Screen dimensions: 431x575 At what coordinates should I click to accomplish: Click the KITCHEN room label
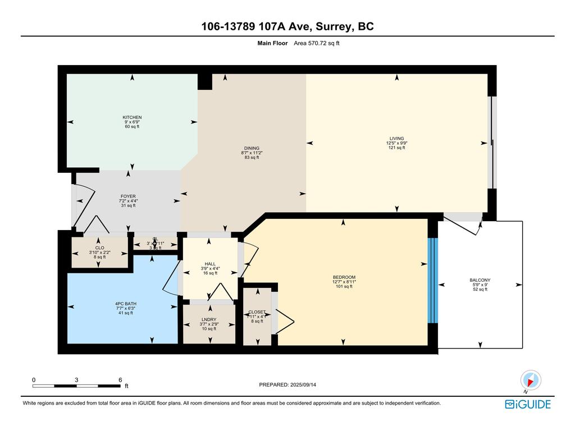pos(132,117)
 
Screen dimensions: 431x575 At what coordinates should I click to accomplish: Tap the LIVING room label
pos(397,138)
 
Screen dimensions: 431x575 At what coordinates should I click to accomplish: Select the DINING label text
pos(251,148)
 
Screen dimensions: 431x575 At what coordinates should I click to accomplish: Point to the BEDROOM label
pos(344,277)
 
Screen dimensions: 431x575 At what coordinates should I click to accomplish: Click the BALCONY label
pos(480,280)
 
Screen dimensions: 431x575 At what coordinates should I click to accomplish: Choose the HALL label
pos(210,264)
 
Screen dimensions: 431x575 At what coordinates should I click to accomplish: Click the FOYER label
pos(127,196)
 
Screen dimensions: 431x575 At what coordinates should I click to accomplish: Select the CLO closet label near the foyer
pos(99,247)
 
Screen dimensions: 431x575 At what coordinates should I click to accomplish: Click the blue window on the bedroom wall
pos(432,280)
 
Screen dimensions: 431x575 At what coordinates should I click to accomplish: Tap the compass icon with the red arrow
pos(530,380)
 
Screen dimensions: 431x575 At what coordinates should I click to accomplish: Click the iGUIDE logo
pos(528,404)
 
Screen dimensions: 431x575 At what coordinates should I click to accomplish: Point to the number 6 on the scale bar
pos(120,380)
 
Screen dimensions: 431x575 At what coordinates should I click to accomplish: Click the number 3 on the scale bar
pos(76,380)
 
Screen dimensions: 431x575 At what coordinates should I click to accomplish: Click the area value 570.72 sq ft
pos(317,43)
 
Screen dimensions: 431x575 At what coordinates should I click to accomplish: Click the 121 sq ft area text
pos(397,148)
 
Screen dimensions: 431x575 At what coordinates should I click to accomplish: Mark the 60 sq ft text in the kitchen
pos(132,127)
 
